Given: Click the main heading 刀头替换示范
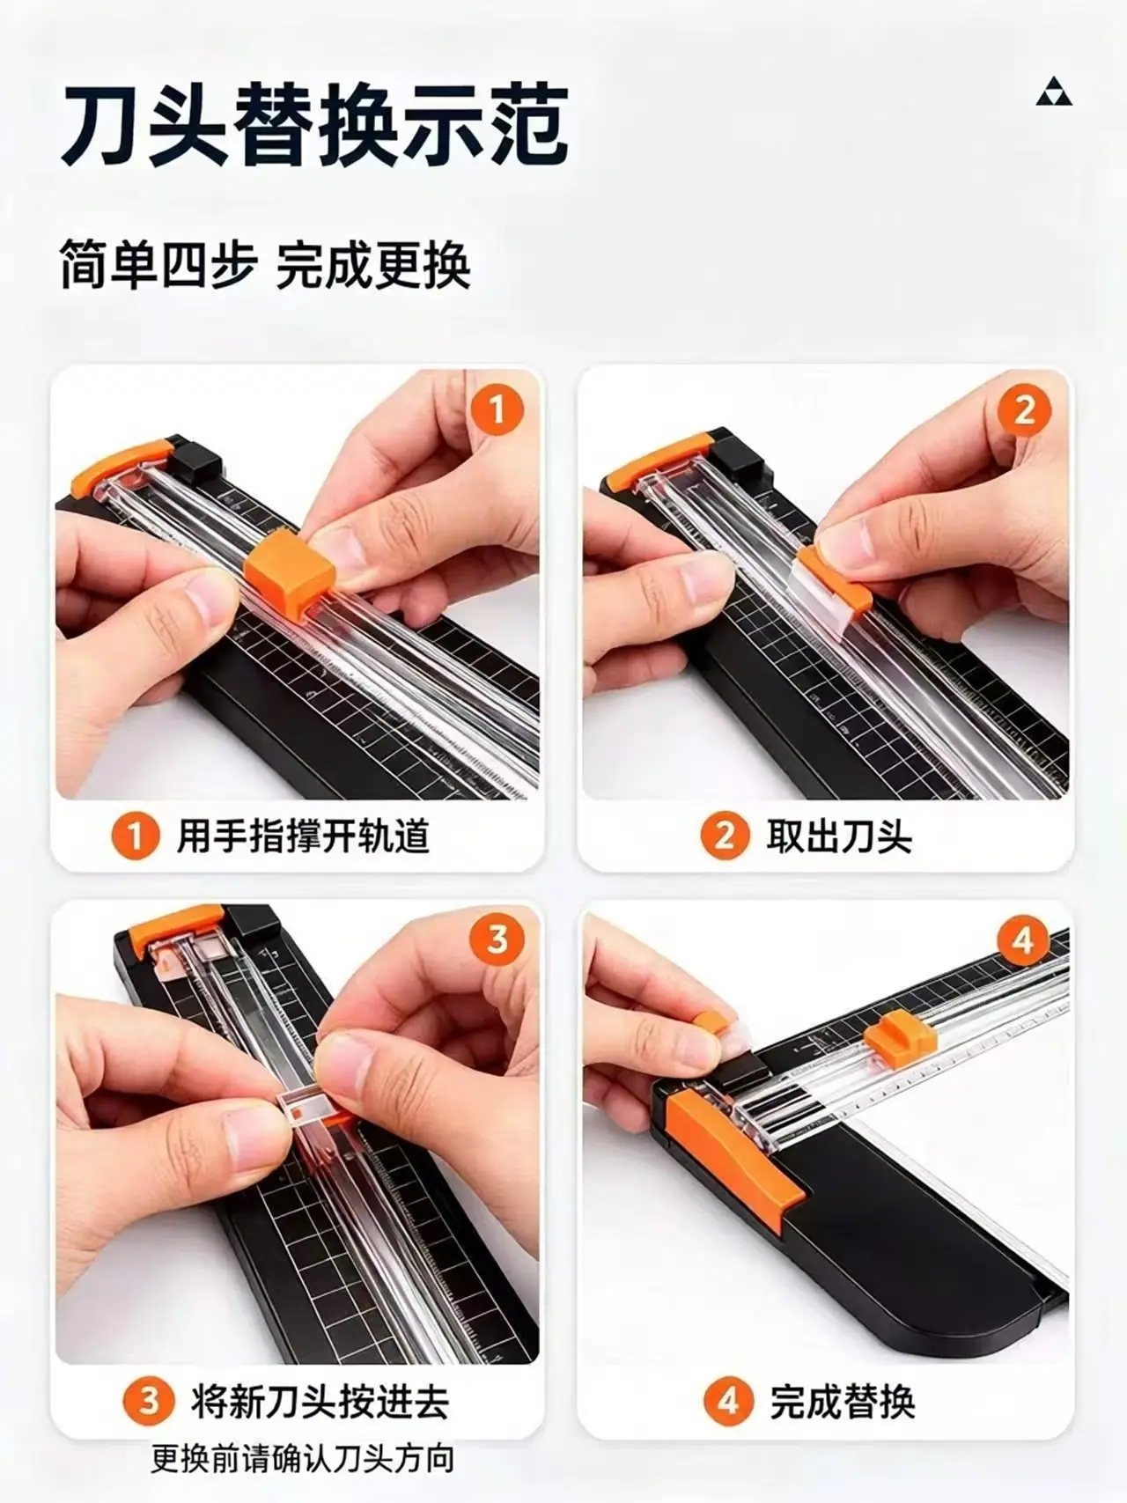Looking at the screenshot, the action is click(314, 124).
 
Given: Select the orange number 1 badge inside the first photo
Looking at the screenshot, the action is click(497, 409).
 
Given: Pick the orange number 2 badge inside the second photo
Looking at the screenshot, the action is click(1024, 409).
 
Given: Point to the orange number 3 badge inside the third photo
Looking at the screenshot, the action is click(497, 939).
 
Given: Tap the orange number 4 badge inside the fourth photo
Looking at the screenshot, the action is click(1023, 939).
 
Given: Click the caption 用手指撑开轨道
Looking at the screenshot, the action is click(303, 836).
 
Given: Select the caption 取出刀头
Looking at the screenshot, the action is click(839, 836).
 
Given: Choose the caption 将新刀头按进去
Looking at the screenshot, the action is click(320, 1401).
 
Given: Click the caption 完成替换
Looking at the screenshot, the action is click(843, 1401).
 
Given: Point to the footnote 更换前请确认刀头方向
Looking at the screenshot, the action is click(303, 1459).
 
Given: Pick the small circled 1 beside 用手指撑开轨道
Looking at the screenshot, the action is click(135, 836).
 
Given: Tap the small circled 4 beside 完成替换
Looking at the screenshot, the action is click(728, 1401).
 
